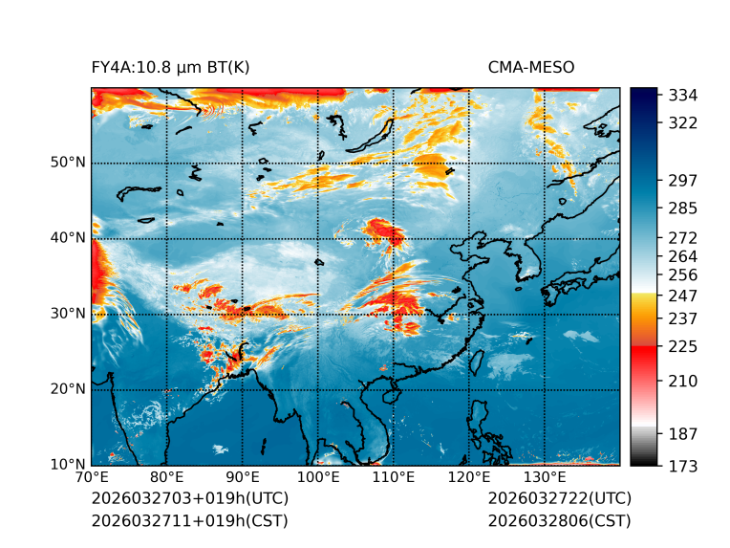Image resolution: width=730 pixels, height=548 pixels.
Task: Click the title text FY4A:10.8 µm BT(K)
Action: [x=171, y=67]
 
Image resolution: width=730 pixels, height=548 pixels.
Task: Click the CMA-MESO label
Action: [x=531, y=67]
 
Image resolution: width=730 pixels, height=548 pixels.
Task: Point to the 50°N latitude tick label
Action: [x=68, y=163]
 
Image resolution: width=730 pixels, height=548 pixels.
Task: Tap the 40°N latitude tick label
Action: [x=68, y=238]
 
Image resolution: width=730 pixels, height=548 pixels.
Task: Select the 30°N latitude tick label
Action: [x=68, y=314]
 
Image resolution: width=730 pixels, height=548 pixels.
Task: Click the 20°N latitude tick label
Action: [x=68, y=389]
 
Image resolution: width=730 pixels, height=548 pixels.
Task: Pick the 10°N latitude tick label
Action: [x=68, y=465]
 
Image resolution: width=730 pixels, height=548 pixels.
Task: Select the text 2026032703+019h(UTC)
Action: [x=189, y=499]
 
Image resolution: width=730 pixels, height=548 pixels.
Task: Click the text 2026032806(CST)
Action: [x=559, y=520]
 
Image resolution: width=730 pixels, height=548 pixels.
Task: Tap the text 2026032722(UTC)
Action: [x=559, y=499]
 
